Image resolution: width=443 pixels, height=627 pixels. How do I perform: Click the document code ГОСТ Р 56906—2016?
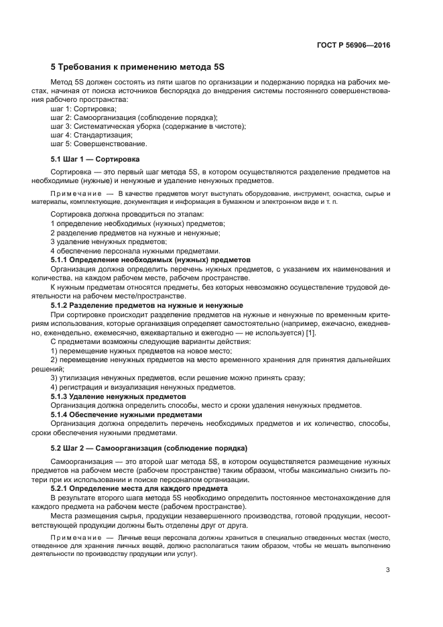[x=353, y=46]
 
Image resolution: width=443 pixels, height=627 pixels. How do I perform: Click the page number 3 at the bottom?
[x=388, y=571]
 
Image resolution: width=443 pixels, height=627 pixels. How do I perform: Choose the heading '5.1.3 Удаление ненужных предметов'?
[x=119, y=396]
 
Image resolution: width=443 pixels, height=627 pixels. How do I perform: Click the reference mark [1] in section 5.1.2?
[x=310, y=333]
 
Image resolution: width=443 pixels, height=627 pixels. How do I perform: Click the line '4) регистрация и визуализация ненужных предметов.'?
[x=143, y=388]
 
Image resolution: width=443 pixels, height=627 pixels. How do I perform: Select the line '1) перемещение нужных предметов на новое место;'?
[x=141, y=351]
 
